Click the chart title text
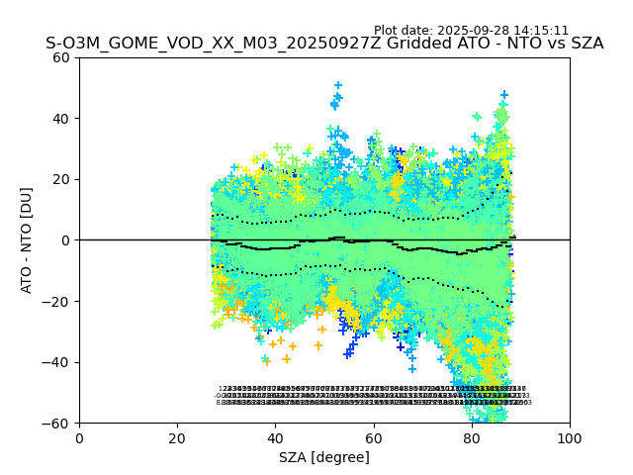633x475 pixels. pyautogui.click(x=324, y=44)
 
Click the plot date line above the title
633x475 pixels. pyautogui.click(x=471, y=31)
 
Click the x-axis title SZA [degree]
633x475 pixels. pyautogui.click(x=324, y=457)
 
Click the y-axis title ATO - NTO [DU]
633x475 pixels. pyautogui.click(x=27, y=240)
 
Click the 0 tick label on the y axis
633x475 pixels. pyautogui.click(x=66, y=240)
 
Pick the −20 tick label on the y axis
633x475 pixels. pyautogui.click(x=58, y=302)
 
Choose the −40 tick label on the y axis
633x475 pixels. pyautogui.click(x=58, y=362)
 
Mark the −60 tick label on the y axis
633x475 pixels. pyautogui.click(x=58, y=424)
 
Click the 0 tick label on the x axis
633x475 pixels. pyautogui.click(x=79, y=437)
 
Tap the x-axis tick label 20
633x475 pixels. pyautogui.click(x=177, y=437)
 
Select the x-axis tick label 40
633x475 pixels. pyautogui.click(x=275, y=437)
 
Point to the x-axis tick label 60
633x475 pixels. pyautogui.click(x=374, y=437)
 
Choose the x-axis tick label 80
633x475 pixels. pyautogui.click(x=472, y=437)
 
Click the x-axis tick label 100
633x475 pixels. pyautogui.click(x=570, y=437)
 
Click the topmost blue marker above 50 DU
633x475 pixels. pyautogui.click(x=338, y=86)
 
